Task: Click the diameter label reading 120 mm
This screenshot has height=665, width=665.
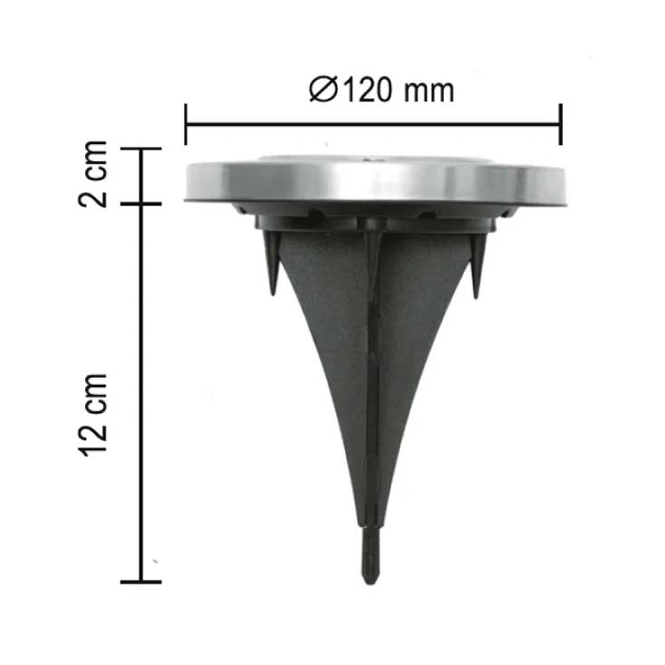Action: pyautogui.click(x=381, y=91)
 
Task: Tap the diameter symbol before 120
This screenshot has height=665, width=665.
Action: pyautogui.click(x=323, y=91)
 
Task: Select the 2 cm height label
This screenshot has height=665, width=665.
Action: pyautogui.click(x=96, y=174)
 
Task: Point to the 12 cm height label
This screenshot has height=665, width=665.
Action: pyautogui.click(x=96, y=413)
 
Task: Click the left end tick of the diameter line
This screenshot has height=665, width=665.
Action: pyautogui.click(x=186, y=123)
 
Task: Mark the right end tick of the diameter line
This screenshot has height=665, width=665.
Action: pyautogui.click(x=561, y=123)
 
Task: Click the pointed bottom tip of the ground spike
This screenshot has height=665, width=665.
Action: pyautogui.click(x=370, y=580)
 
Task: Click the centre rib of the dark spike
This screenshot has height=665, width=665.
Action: pyautogui.click(x=372, y=381)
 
